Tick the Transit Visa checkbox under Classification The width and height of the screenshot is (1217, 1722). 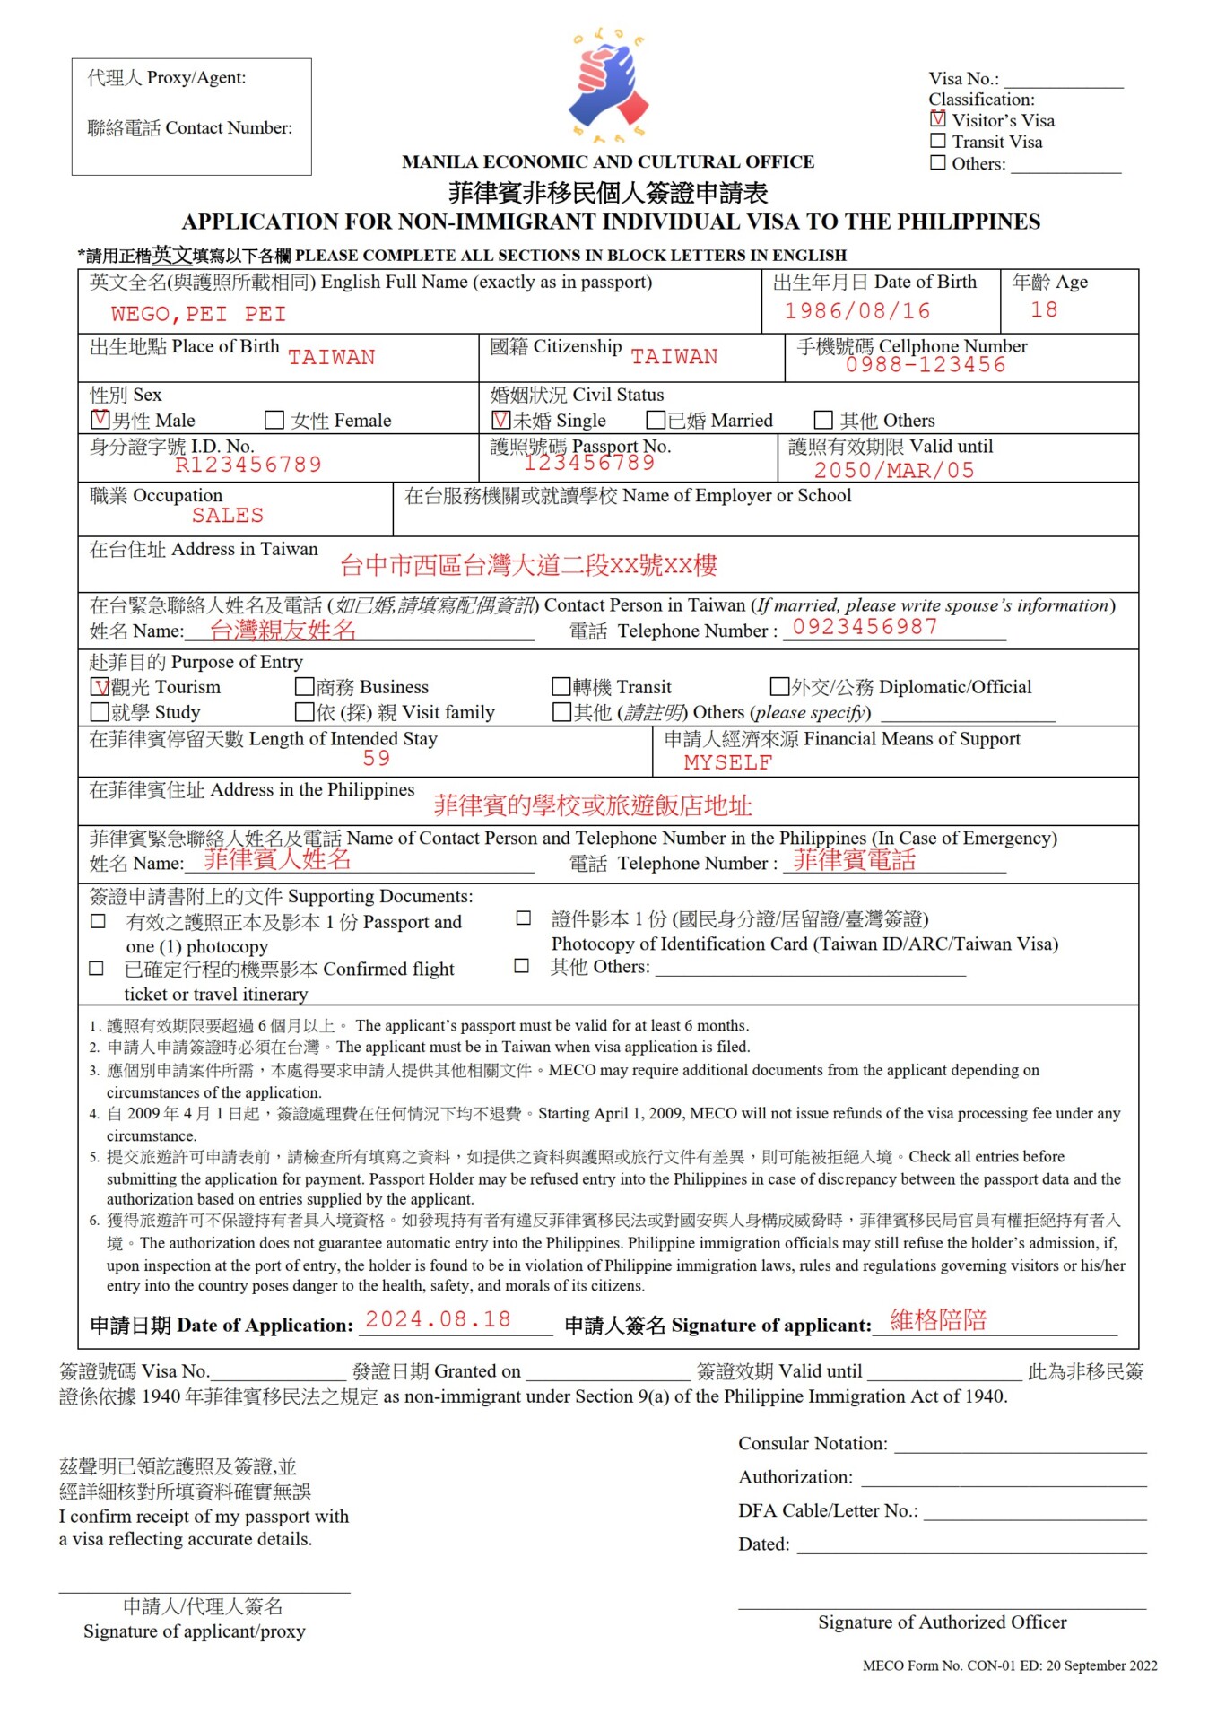938,141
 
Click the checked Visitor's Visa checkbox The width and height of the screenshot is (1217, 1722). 938,118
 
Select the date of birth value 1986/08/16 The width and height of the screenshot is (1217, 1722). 856,311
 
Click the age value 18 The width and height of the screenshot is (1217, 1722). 1044,310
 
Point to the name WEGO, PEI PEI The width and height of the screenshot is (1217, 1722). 198,315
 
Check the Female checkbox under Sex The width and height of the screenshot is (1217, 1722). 274,420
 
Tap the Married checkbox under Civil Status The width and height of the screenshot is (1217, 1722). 656,420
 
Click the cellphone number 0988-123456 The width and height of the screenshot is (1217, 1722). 925,365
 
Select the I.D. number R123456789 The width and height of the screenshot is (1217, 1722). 248,465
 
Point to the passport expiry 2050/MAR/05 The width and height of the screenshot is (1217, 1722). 893,471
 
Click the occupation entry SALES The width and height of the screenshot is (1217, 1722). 228,516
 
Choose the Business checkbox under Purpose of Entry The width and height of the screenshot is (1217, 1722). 305,687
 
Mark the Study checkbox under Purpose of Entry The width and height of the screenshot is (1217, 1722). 100,712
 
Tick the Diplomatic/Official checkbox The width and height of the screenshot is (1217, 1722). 779,687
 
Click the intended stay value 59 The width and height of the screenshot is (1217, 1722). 377,759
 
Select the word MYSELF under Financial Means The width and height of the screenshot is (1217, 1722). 727,763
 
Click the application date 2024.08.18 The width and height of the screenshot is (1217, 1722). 438,1319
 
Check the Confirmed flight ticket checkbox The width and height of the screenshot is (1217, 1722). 97,969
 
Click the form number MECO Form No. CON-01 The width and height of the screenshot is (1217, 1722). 938,1665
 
